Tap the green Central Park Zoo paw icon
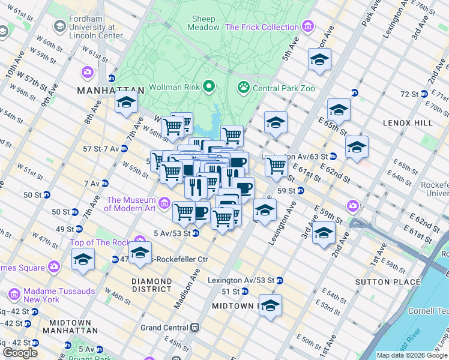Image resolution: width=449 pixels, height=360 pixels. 243,88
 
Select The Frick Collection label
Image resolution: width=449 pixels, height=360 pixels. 262,27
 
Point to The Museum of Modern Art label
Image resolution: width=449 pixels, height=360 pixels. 131,204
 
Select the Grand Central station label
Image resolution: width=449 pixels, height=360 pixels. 164,328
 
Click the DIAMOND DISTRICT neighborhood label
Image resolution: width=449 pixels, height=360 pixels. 152,285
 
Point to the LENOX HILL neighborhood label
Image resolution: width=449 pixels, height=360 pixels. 408,122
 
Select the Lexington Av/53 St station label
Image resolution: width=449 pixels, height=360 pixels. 241,280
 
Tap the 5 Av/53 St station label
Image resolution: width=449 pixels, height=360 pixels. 172,233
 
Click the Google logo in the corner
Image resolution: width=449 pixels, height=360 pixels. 20,353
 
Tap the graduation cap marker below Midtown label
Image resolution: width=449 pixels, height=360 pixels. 270,305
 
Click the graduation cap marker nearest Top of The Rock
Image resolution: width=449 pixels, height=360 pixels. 140,253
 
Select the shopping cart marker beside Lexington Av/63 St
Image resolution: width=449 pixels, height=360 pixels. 276,165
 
